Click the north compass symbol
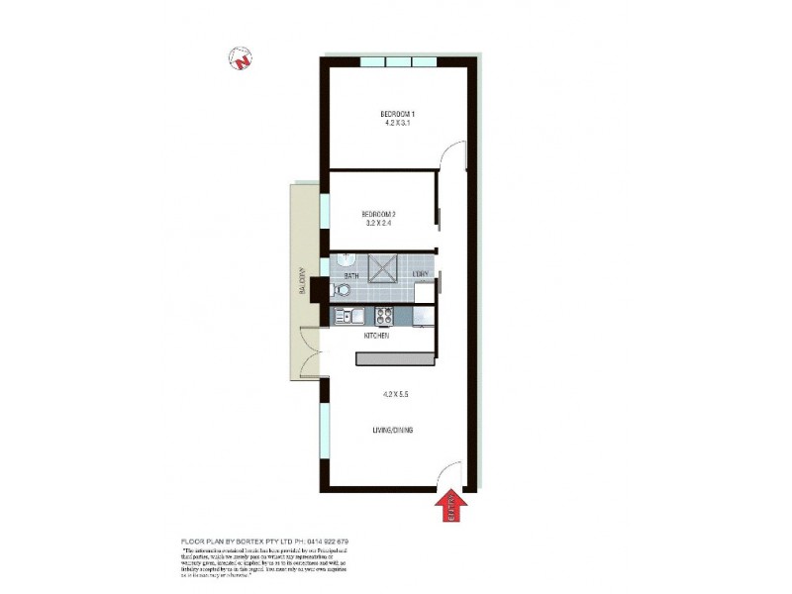point(241,59)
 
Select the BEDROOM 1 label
point(396,112)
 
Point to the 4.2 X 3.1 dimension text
point(396,123)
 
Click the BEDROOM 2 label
point(378,215)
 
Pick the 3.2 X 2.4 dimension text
point(378,225)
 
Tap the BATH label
point(350,275)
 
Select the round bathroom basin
point(345,259)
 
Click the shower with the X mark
point(383,266)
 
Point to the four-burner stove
point(383,317)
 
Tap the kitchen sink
point(348,317)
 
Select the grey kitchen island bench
point(394,358)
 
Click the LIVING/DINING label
point(393,430)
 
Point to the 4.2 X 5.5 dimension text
point(396,393)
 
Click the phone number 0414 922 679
point(325,542)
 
